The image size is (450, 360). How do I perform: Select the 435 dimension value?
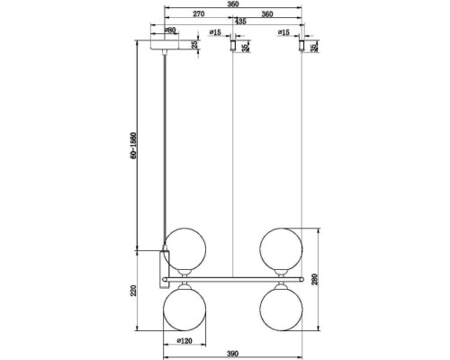tap(240, 22)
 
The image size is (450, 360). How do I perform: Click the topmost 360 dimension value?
tap(232, 5)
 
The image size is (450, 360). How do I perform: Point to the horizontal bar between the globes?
tap(234, 278)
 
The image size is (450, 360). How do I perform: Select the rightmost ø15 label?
tap(283, 32)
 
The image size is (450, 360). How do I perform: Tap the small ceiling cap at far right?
tap(301, 45)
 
